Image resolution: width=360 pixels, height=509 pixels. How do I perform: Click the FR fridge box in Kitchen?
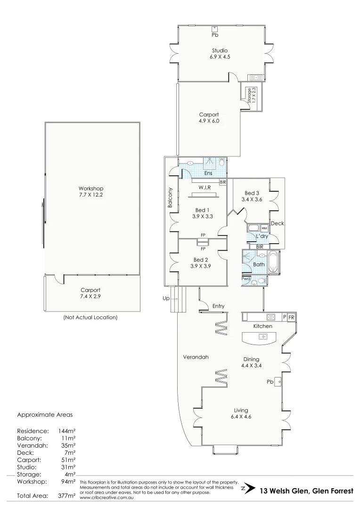291,317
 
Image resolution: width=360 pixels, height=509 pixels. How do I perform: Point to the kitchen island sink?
263,337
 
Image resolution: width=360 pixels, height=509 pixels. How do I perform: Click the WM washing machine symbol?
264,228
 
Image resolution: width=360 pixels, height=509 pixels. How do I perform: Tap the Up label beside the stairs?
166,298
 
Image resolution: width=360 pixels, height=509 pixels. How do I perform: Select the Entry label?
218,306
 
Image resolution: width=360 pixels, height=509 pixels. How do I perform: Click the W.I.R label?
204,187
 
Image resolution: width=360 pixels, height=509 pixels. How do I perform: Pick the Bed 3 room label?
252,193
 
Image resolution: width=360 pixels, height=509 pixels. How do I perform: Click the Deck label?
278,223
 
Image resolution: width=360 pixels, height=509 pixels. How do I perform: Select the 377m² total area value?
66,496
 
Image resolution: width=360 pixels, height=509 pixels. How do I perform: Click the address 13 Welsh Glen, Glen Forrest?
306,491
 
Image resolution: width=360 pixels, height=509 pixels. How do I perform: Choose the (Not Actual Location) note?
90,318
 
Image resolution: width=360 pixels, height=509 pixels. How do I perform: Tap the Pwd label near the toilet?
245,279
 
